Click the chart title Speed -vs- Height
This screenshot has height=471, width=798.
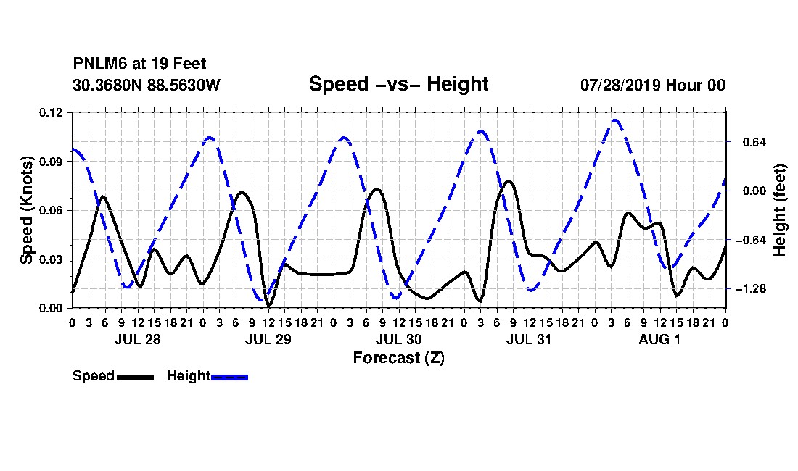398,84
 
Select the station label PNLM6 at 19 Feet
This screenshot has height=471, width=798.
139,64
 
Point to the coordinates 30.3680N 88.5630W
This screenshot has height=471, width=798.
147,85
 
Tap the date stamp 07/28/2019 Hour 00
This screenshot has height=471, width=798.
653,85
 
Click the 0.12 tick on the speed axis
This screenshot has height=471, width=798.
50,112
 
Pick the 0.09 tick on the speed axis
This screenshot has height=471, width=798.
50,162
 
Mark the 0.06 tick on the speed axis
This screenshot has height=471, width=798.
50,210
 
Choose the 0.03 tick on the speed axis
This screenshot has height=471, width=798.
50,259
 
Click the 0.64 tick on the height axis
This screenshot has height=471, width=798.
754,142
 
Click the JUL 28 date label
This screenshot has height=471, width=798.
137,339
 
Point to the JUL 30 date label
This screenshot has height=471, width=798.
398,339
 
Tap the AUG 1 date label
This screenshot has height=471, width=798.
659,339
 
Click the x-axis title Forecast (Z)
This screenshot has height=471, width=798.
399,358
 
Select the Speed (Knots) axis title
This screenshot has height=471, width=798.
26,210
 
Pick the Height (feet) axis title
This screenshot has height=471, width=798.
779,210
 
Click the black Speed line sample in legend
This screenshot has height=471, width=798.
136,377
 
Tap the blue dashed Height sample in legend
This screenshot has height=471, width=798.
229,377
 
